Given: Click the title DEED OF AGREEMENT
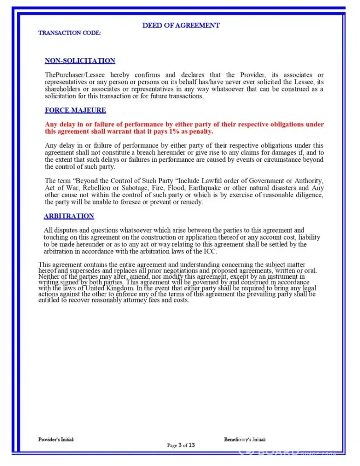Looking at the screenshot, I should click(x=181, y=25).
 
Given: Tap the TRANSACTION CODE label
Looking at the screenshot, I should click(x=69, y=33).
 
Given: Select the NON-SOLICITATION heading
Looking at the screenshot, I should click(x=80, y=61).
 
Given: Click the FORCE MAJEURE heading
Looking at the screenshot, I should click(x=75, y=110).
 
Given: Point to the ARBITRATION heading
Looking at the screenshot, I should click(x=69, y=216).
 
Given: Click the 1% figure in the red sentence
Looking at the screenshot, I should click(x=175, y=132).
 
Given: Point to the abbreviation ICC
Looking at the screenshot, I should click(x=211, y=251).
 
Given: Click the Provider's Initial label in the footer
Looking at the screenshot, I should click(x=56, y=439).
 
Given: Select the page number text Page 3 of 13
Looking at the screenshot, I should click(x=181, y=445).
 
